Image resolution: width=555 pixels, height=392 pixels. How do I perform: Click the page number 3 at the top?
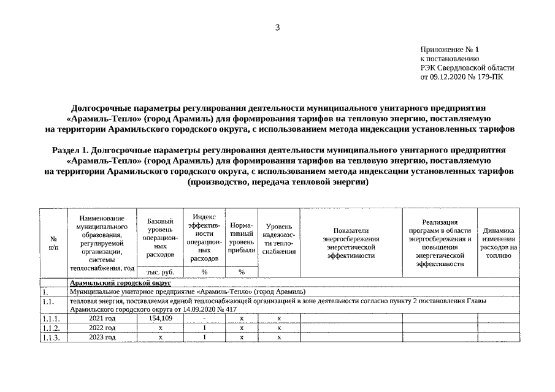277,28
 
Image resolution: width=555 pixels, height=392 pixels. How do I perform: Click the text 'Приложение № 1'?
450,50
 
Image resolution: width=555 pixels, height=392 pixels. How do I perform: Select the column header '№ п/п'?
53,243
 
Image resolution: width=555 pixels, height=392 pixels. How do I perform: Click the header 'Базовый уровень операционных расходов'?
160,237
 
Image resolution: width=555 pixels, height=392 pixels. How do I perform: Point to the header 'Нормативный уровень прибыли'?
241,238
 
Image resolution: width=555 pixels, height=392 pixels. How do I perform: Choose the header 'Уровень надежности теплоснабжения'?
278,243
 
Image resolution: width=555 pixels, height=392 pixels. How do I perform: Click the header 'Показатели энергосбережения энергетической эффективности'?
351,243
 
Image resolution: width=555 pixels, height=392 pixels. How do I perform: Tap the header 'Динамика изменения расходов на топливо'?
499,243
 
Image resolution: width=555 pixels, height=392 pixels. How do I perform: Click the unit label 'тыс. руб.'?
160,271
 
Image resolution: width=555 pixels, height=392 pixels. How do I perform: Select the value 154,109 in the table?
160,318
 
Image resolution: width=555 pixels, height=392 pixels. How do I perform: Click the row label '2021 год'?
102,318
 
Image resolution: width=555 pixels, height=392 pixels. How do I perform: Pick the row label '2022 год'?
102,328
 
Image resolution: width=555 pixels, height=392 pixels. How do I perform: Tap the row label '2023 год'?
102,337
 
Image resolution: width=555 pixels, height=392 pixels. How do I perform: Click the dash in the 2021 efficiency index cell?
204,319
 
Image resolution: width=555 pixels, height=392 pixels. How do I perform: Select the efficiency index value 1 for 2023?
204,337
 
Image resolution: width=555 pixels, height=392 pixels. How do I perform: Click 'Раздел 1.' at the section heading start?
72,149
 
